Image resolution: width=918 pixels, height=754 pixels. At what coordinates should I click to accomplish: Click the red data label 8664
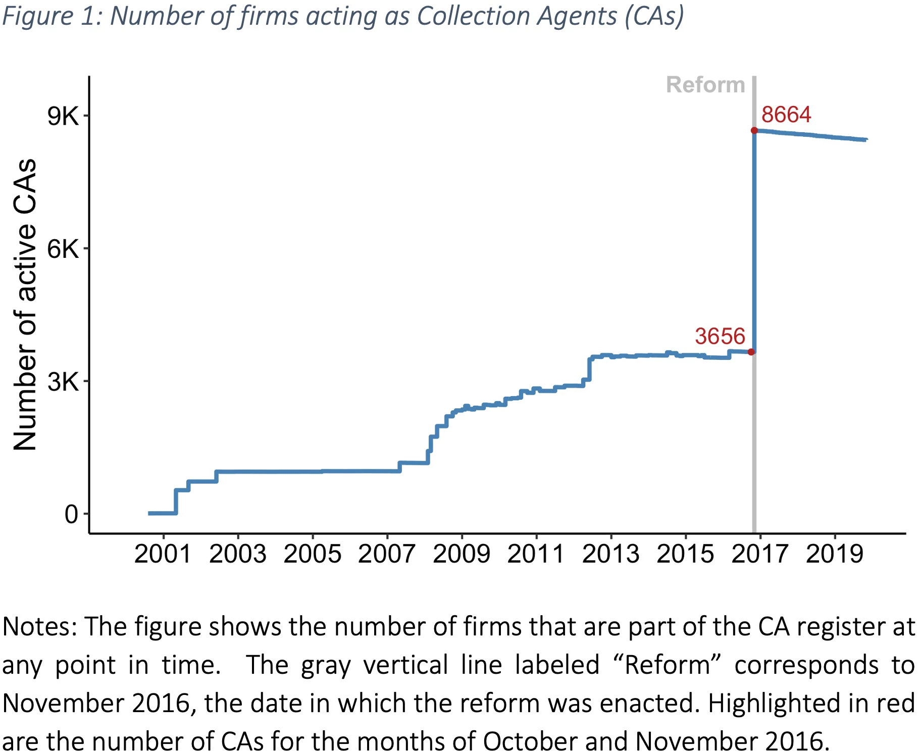pos(786,115)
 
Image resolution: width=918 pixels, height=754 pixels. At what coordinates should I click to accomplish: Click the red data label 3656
pos(720,336)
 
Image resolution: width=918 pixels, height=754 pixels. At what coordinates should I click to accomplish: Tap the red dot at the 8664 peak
pos(754,130)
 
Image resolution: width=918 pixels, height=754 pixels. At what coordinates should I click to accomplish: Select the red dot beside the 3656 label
pos(751,352)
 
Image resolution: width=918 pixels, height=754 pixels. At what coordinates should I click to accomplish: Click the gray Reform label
pos(705,85)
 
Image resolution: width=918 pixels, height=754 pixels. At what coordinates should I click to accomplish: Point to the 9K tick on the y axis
pos(64,116)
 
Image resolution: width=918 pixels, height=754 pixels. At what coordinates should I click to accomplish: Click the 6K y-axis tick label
pos(64,249)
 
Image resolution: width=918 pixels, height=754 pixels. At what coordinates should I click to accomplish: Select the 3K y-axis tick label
pos(64,382)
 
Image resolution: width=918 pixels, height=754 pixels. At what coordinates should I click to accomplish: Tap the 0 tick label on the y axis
pos(71,514)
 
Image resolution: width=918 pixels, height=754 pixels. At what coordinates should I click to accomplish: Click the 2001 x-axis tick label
pos(163,554)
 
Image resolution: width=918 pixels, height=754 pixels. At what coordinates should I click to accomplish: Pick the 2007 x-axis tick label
pos(387,554)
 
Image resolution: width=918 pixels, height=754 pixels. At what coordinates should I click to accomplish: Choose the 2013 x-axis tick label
pos(610,554)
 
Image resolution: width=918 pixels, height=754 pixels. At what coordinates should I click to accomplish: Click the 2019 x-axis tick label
pos(835,554)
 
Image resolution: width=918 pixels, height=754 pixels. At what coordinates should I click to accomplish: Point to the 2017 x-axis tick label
pos(760,554)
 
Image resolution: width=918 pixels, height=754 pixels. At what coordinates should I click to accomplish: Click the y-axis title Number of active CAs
pos(25,304)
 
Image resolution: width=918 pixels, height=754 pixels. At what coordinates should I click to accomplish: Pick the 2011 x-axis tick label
pos(536,554)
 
